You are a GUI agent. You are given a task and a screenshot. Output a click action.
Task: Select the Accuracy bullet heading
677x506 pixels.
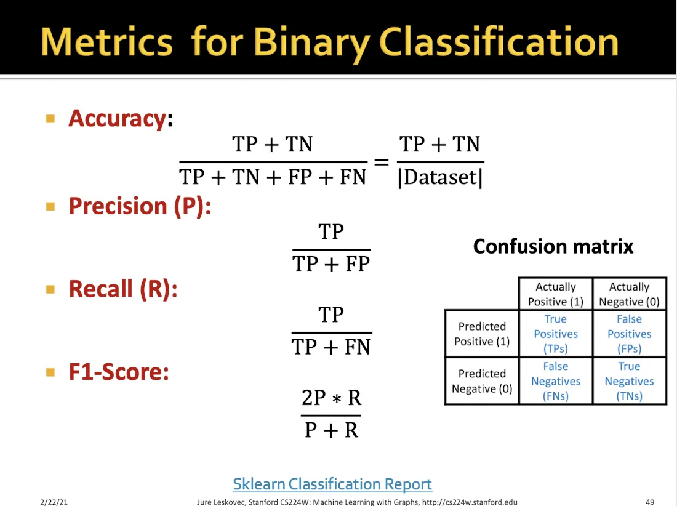pyautogui.click(x=121, y=119)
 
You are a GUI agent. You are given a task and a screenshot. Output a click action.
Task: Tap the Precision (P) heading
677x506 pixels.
pyautogui.click(x=140, y=206)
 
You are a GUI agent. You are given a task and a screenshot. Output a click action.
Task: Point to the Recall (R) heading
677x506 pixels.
pyautogui.click(x=123, y=289)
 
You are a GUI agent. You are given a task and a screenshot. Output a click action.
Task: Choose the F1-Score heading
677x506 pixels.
pyautogui.click(x=119, y=372)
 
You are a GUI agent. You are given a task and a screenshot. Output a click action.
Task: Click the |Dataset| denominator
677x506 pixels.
pyautogui.click(x=440, y=177)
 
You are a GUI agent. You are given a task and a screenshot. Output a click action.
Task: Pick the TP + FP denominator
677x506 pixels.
pyautogui.click(x=331, y=264)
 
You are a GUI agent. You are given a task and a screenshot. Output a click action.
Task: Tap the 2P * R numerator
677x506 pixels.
pyautogui.click(x=331, y=398)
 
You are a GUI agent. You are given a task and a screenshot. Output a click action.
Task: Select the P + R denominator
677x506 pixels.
pyautogui.click(x=331, y=430)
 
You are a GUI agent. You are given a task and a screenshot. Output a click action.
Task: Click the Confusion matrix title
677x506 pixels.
pyautogui.click(x=553, y=246)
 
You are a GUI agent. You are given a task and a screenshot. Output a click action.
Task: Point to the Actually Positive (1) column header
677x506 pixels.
pyautogui.click(x=556, y=294)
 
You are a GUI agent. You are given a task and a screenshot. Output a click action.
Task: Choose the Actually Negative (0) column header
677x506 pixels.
pyautogui.click(x=629, y=294)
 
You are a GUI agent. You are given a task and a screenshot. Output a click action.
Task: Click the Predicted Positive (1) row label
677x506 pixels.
pyautogui.click(x=482, y=334)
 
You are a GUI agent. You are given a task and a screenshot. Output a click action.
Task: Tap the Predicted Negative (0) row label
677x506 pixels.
pyautogui.click(x=482, y=381)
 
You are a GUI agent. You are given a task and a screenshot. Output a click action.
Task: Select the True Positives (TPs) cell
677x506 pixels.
pyautogui.click(x=556, y=334)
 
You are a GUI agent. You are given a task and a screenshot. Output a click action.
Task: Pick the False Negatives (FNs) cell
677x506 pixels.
pyautogui.click(x=556, y=381)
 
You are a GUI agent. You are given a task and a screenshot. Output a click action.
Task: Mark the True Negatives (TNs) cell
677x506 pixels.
pyautogui.click(x=629, y=381)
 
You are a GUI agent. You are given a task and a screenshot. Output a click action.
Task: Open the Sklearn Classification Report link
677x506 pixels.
pyautogui.click(x=332, y=484)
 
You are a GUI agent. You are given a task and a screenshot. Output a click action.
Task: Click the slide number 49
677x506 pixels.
pyautogui.click(x=650, y=502)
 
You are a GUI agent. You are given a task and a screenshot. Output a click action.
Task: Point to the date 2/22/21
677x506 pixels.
pyautogui.click(x=54, y=502)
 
